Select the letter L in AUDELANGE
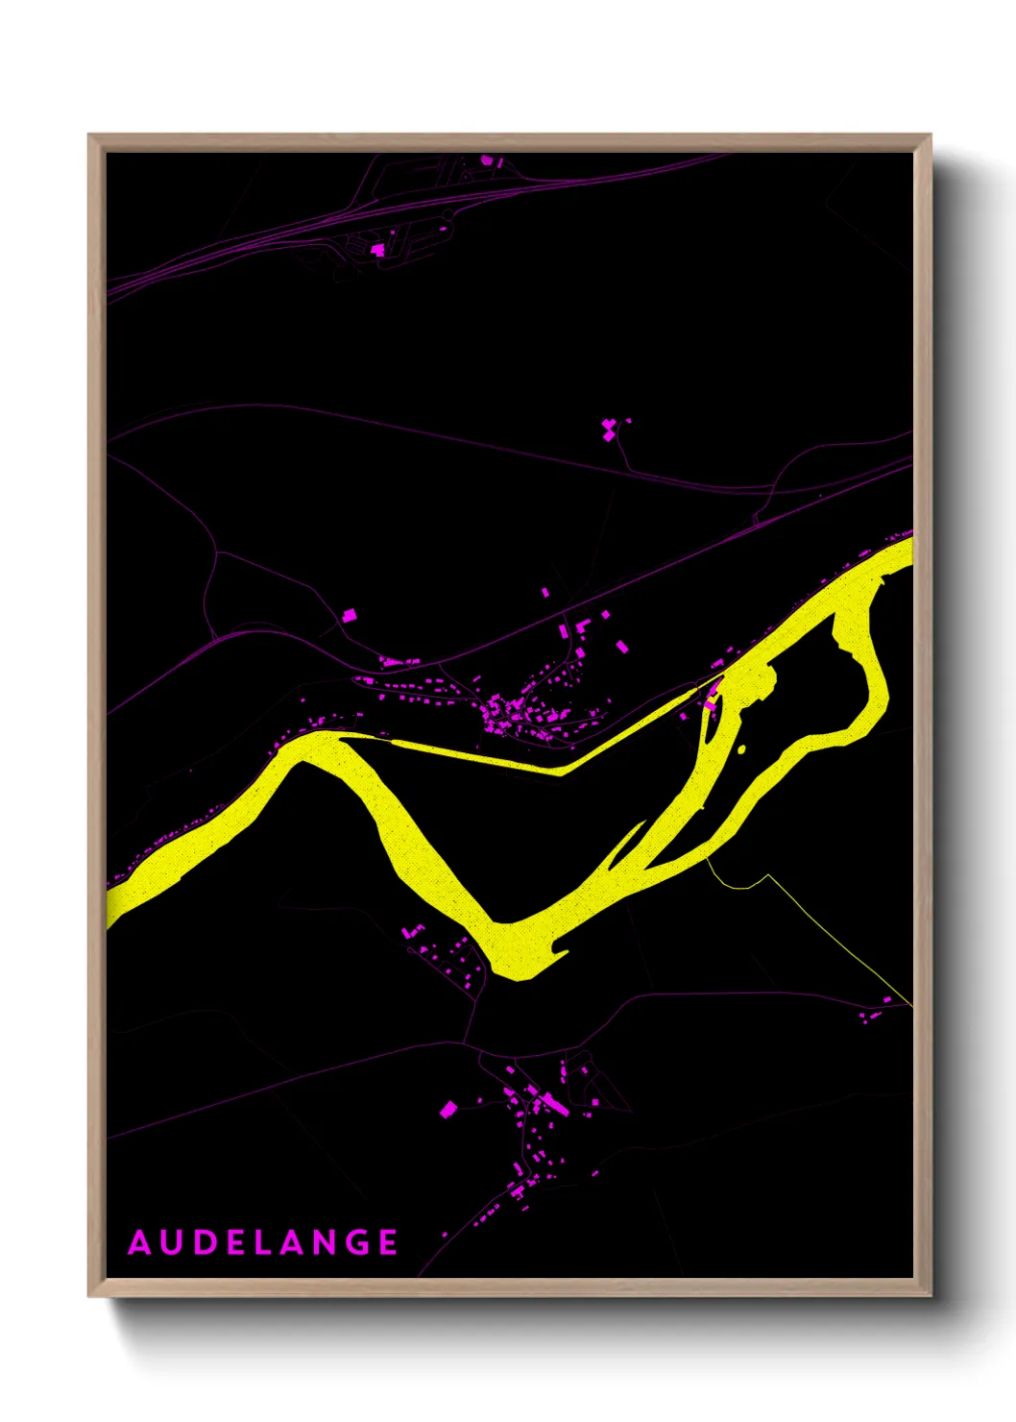(280, 1242)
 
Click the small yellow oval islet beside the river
(740, 748)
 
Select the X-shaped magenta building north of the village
(609, 429)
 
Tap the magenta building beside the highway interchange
(378, 250)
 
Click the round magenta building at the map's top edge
(487, 160)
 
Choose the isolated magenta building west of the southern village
(448, 1111)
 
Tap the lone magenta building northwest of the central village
(351, 613)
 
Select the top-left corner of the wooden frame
(89, 135)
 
